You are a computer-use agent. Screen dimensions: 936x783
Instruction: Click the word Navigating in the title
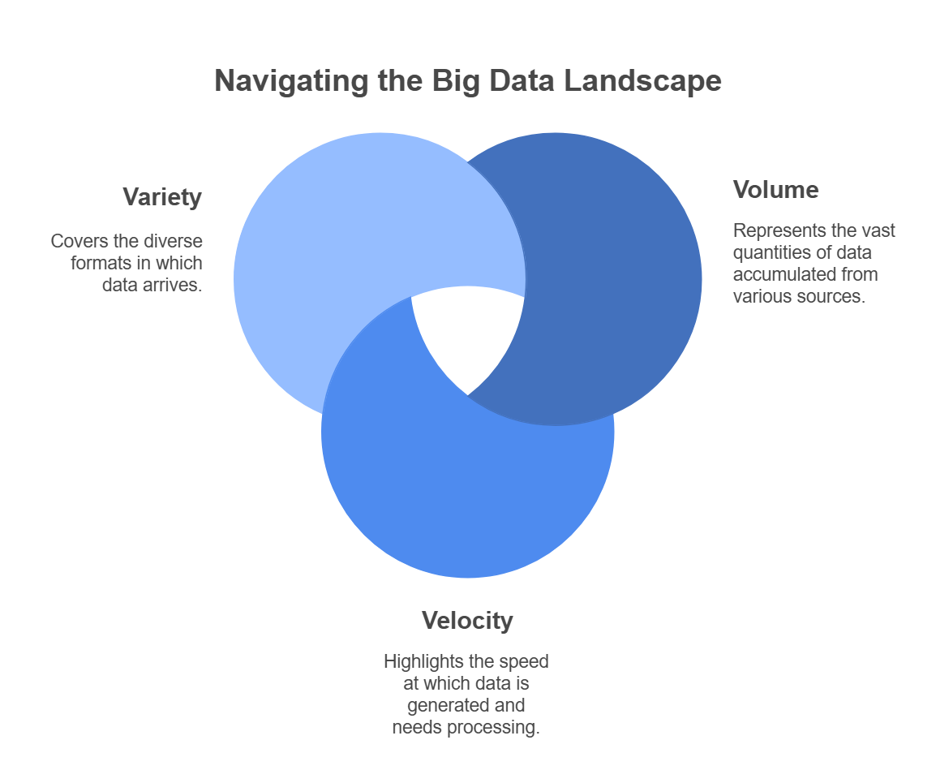291,81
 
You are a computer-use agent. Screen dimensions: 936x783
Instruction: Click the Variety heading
162,197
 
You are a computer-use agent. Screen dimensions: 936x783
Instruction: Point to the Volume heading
775,190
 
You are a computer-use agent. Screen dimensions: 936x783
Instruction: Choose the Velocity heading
467,621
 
